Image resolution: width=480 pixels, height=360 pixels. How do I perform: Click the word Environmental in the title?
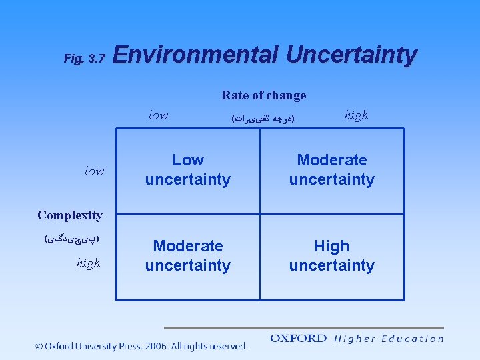(x=195, y=55)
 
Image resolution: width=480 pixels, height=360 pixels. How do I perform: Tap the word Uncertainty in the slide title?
(x=351, y=55)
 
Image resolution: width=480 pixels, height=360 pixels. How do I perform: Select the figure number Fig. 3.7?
(x=84, y=59)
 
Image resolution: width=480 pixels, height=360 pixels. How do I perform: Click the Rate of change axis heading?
(x=264, y=95)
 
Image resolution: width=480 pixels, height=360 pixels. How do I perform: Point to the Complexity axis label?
(x=70, y=215)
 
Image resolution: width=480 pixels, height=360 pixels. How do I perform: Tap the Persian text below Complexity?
(x=71, y=238)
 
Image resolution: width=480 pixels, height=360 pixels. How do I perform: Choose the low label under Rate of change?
(x=158, y=115)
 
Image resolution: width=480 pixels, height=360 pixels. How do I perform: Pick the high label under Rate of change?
(x=356, y=115)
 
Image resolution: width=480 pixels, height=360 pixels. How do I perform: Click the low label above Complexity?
(x=94, y=171)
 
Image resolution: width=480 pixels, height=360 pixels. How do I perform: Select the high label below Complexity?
(x=88, y=263)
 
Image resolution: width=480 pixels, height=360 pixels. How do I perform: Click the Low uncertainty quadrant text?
(x=188, y=170)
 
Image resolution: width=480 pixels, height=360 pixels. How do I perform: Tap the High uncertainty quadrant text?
(x=331, y=256)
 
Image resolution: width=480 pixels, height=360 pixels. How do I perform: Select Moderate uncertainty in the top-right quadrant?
(x=331, y=170)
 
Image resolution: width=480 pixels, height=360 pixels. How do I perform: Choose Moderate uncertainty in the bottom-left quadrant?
(x=188, y=256)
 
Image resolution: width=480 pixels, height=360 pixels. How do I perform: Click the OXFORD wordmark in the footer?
(x=298, y=339)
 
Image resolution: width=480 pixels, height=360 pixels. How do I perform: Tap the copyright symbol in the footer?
(x=40, y=346)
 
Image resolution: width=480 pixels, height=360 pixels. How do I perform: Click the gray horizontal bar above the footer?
(x=303, y=328)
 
